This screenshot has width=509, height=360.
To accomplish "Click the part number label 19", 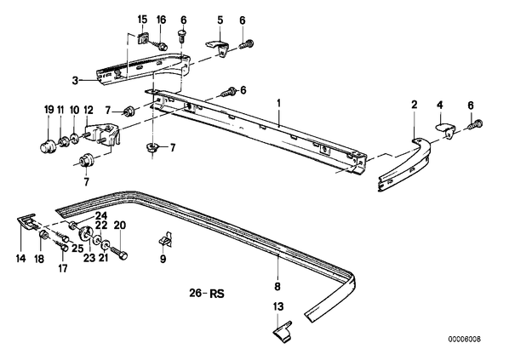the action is pyautogui.click(x=49, y=110).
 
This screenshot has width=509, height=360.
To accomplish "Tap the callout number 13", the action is pyautogui.click(x=278, y=306).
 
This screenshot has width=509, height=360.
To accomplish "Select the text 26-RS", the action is pyautogui.click(x=207, y=294).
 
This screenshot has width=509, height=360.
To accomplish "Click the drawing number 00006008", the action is pyautogui.click(x=465, y=340).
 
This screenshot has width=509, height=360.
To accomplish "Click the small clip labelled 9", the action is pyautogui.click(x=166, y=239).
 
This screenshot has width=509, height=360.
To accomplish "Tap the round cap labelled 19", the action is pyautogui.click(x=48, y=146).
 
